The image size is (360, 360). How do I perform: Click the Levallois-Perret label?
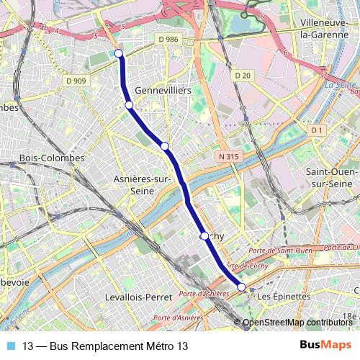pos(138,297)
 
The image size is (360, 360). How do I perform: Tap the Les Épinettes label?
pos(284,296)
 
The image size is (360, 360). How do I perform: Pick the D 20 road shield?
pos(242,76)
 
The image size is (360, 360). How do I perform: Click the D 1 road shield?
pos(315,130)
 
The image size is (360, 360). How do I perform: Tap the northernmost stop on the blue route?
pos(119,53)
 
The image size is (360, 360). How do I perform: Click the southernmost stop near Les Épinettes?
pos(241,287)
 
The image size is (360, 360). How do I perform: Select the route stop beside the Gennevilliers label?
pos(129,105)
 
